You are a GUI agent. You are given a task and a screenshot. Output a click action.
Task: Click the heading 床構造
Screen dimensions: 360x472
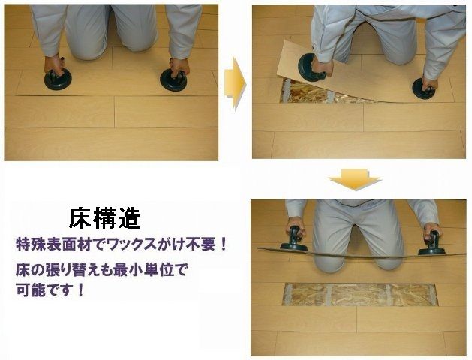[104, 218]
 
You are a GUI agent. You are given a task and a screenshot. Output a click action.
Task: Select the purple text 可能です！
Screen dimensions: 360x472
[50, 287]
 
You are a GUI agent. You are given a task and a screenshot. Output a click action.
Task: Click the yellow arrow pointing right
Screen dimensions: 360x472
[235, 81]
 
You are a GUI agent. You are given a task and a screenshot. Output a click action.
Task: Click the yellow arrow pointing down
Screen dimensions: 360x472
[355, 179]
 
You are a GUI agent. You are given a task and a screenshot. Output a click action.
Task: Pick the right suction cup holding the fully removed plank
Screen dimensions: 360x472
[431, 245]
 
